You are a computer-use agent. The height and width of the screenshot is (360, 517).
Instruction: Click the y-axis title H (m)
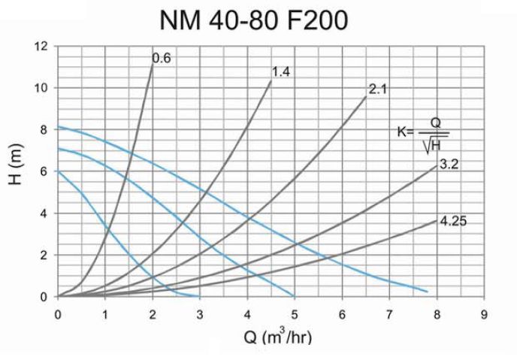tap(20, 171)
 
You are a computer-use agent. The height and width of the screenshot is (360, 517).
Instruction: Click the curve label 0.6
tap(161, 57)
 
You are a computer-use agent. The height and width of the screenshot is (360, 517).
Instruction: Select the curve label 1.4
tap(280, 71)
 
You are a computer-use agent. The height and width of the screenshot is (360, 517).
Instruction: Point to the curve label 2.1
tap(377, 89)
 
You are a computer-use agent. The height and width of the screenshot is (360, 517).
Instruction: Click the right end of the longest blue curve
tap(427, 291)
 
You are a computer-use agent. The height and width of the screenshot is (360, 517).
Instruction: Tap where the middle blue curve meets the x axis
tap(294, 296)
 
